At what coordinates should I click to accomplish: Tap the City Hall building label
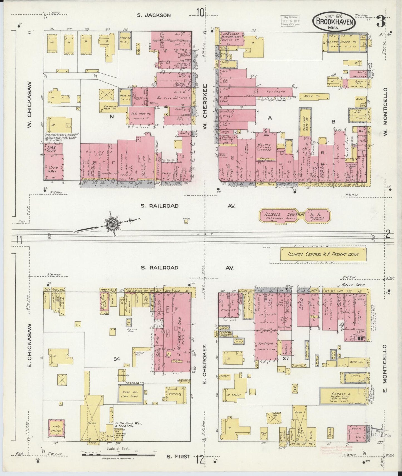pyautogui.click(x=53, y=169)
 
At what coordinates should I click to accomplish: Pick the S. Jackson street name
pyautogui.click(x=154, y=15)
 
